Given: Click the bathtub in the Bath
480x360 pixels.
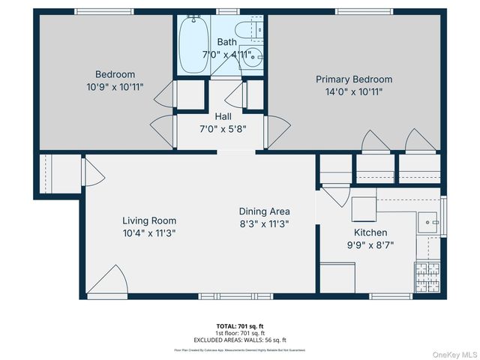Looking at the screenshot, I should tap(194, 44).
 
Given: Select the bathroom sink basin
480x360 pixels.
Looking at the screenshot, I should tap(253, 56).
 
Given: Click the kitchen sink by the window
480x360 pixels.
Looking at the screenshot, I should tap(429, 220).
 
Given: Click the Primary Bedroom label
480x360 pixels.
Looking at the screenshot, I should tap(353, 79).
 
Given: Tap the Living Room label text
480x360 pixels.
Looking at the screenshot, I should tap(149, 220).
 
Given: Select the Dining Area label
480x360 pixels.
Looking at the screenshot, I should tap(264, 211).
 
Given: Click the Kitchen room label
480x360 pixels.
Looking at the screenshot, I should tap(370, 232).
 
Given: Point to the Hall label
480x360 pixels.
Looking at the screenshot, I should tap(223, 117).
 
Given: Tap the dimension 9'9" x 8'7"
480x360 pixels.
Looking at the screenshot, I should tap(370, 244).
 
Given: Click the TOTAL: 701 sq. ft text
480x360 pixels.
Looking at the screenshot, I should tap(240, 326).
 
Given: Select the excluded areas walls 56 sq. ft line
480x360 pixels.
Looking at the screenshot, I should tap(240, 340).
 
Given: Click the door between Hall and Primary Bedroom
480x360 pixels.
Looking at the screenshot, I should tap(276, 132).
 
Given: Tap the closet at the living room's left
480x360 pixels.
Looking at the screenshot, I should tap(58, 174).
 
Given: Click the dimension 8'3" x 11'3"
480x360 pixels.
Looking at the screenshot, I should tap(264, 223).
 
